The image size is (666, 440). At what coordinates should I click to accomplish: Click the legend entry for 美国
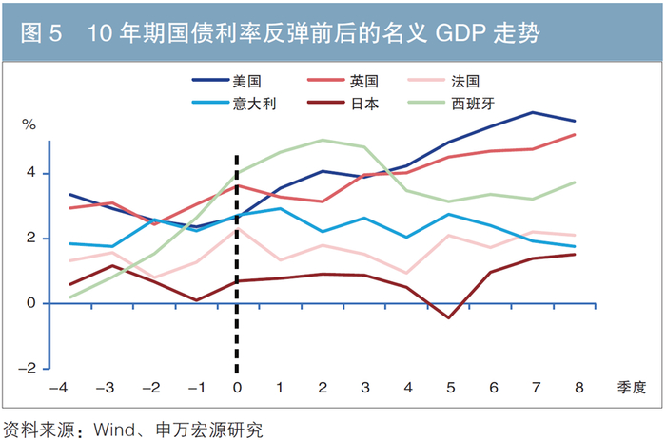coord(226,81)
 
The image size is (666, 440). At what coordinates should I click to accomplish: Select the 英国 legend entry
coord(343,81)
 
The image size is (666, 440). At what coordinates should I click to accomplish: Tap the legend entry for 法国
coord(443,81)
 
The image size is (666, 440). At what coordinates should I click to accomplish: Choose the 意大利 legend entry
coord(234,103)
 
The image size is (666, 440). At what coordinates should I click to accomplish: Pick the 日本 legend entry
coord(343,103)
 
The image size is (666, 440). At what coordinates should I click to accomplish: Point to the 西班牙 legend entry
coord(451,103)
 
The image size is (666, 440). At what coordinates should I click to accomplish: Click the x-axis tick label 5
coord(451,387)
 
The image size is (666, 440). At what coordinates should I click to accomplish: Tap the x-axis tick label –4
coord(59,387)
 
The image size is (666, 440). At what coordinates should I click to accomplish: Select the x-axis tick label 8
coord(578,387)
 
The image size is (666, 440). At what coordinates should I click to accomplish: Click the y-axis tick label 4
coord(31,172)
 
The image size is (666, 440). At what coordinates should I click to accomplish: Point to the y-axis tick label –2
coord(28,368)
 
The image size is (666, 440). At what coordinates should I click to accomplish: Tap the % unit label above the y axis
coord(29,124)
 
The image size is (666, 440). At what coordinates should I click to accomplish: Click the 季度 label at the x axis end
coord(632,387)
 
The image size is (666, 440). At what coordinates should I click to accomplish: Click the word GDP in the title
coord(460,33)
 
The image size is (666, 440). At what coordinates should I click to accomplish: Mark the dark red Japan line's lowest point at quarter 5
coord(449,317)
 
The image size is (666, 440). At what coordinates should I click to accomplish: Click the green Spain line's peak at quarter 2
coord(323,140)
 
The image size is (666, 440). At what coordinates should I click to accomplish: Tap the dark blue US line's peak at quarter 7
coord(533,112)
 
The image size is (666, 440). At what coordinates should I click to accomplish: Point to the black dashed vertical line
coord(237,264)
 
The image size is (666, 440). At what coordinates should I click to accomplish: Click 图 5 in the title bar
coord(41,33)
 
